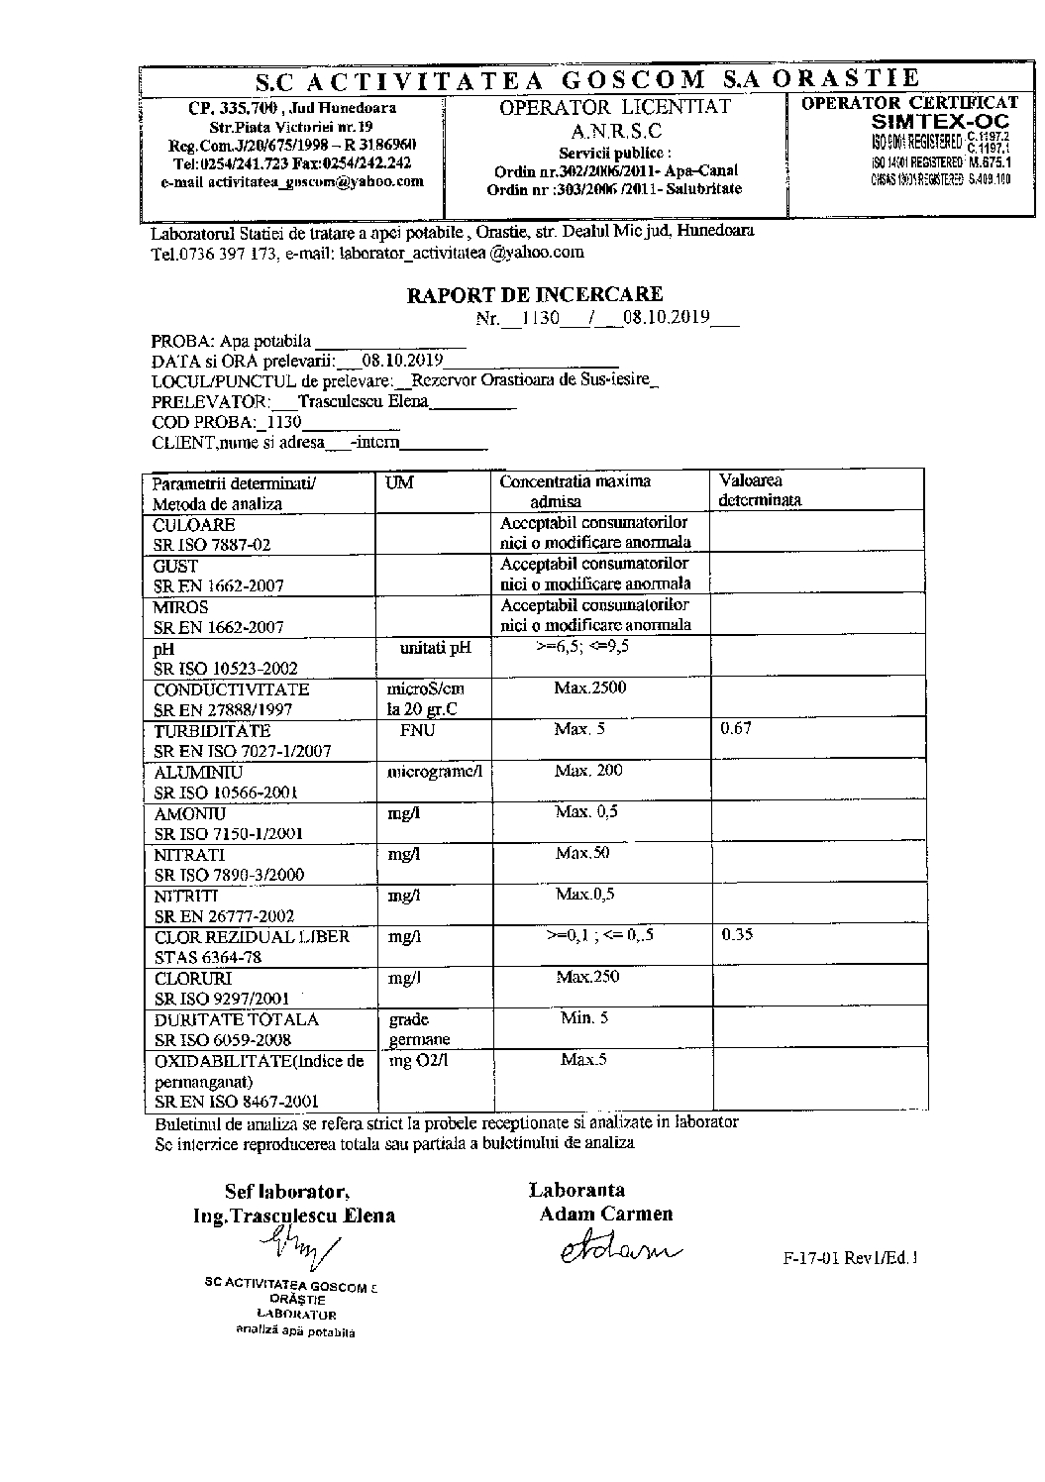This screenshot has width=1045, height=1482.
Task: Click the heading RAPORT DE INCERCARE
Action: (x=535, y=294)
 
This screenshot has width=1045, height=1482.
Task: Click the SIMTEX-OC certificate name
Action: (x=941, y=121)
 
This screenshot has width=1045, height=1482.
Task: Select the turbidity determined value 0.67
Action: (x=736, y=729)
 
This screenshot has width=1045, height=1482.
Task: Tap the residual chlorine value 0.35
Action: (x=737, y=934)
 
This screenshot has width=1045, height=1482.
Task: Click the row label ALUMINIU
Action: (x=199, y=772)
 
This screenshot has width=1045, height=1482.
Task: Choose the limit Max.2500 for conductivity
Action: (x=590, y=688)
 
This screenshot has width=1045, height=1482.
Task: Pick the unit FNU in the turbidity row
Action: (x=417, y=730)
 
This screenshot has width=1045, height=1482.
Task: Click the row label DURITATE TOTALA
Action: (x=237, y=1019)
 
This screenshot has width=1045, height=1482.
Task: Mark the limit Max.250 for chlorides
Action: (x=587, y=977)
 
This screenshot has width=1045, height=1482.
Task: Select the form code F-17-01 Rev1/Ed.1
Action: (x=850, y=1259)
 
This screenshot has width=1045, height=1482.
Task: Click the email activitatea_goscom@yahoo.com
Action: (x=292, y=182)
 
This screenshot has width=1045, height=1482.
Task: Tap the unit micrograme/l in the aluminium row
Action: (x=434, y=771)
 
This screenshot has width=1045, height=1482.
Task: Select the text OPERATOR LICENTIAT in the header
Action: (x=615, y=107)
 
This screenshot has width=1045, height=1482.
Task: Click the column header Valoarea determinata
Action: (x=760, y=490)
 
